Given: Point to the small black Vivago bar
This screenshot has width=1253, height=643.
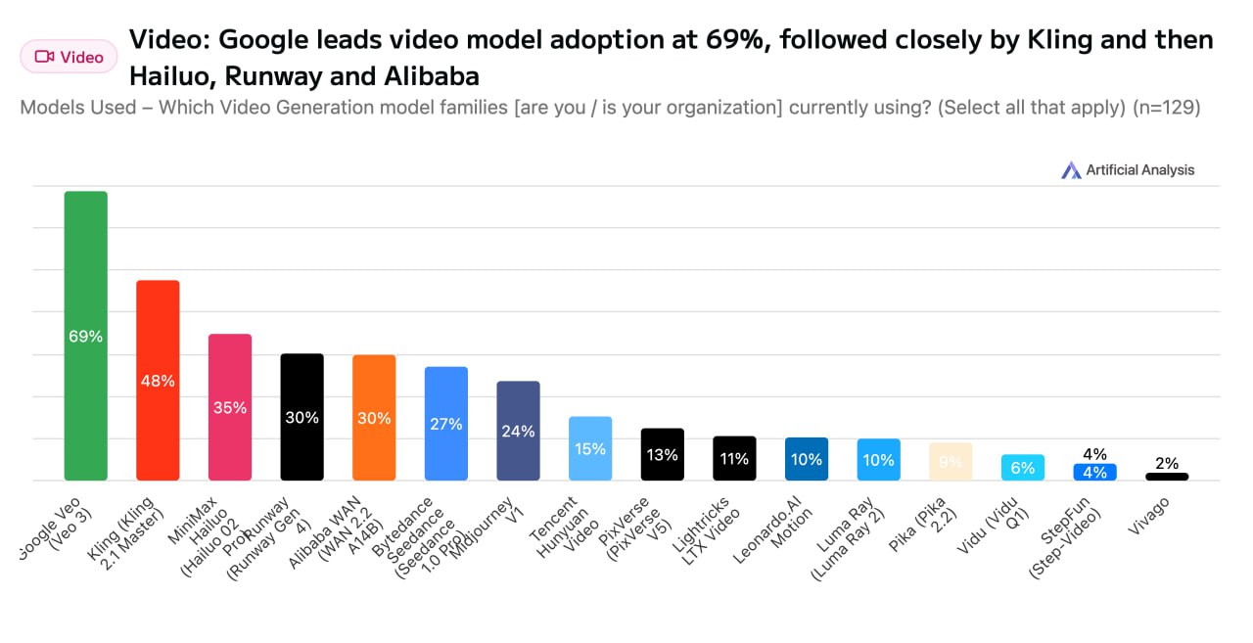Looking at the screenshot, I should coord(1167,477).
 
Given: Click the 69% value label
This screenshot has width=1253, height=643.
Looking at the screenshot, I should coord(85,336).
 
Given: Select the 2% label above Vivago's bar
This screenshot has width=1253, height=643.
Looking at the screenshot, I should coord(1167,463).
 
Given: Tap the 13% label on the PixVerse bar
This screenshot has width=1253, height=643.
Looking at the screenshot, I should coord(663,454).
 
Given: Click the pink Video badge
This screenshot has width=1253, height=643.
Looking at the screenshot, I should coord(69,57).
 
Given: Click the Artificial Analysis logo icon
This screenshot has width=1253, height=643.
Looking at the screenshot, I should coord(1071,170).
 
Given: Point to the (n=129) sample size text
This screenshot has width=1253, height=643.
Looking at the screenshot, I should coord(1166,108).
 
